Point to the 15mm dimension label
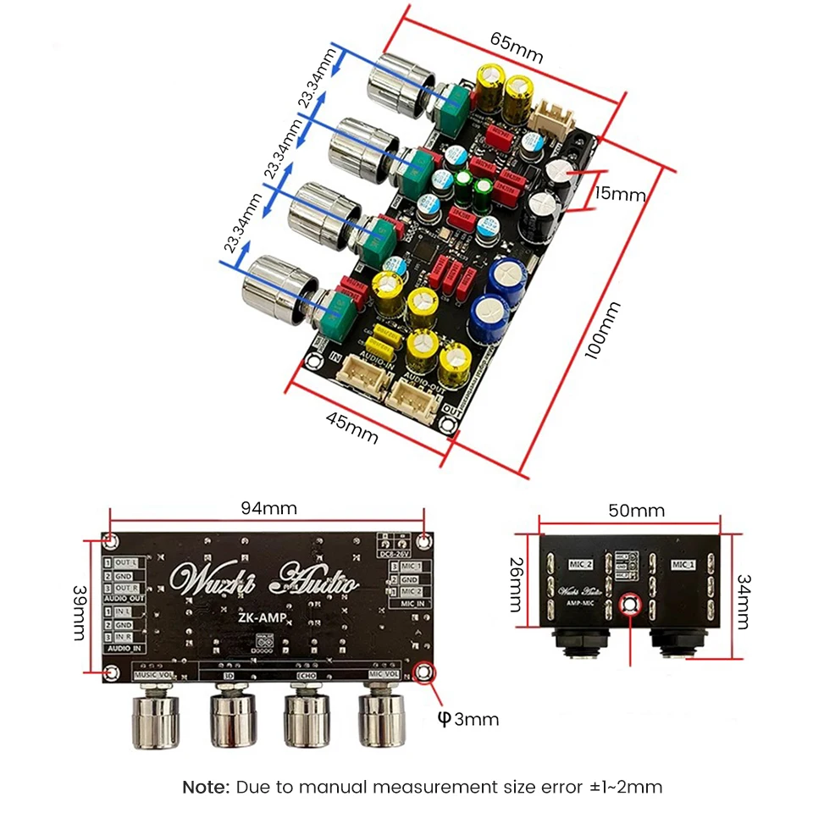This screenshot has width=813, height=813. tap(620, 195)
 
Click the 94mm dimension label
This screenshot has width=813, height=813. tap(268, 509)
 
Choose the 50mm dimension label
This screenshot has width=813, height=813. tap(637, 511)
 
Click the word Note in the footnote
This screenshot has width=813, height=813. tap(206, 787)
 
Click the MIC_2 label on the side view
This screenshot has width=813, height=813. tap(579, 564)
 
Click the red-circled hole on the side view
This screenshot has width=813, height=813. tap(629, 605)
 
